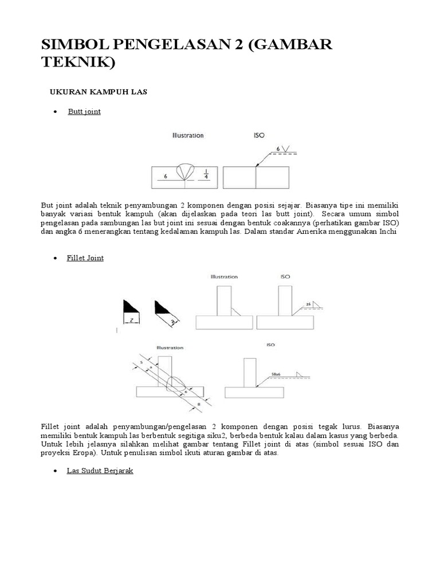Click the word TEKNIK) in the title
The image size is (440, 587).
(78, 62)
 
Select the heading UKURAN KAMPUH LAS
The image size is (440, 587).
(96, 92)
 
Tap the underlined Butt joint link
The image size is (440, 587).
(84, 111)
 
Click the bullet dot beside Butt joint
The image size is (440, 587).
(56, 112)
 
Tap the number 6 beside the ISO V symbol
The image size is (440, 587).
(278, 149)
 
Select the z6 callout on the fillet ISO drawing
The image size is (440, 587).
(308, 304)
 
